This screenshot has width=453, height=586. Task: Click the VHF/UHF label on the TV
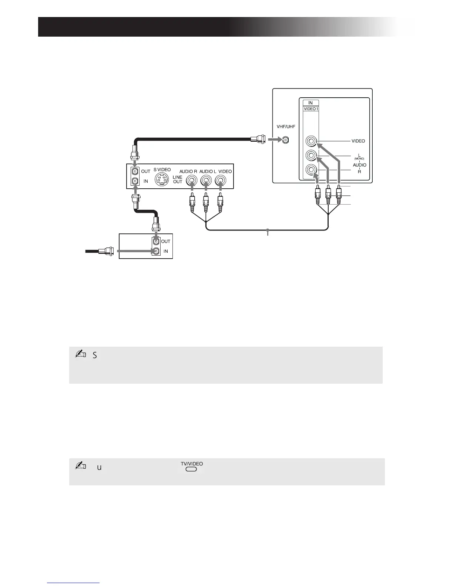click(x=286, y=127)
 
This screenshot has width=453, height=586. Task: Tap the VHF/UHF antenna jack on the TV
click(x=285, y=140)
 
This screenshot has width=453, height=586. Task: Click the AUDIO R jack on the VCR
click(x=192, y=181)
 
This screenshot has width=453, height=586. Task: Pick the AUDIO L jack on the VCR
click(x=206, y=181)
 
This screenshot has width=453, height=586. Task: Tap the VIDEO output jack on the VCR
click(x=220, y=181)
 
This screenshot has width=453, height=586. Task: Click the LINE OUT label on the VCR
click(x=178, y=179)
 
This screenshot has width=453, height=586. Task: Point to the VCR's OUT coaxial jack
click(x=135, y=172)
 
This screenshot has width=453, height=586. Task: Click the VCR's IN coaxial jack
click(x=135, y=181)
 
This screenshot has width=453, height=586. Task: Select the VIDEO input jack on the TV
click(x=311, y=141)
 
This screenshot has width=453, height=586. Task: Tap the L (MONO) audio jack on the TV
click(x=311, y=155)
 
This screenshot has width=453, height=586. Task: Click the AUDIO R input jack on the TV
click(x=311, y=170)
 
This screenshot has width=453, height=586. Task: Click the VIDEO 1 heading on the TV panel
click(x=311, y=109)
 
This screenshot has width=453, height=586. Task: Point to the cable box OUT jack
click(x=157, y=241)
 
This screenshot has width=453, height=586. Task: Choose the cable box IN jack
click(x=157, y=251)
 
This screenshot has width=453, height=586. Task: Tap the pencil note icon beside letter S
click(x=80, y=354)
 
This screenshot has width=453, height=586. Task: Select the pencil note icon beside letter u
click(x=80, y=467)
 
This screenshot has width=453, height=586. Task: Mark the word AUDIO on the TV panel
click(x=359, y=165)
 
